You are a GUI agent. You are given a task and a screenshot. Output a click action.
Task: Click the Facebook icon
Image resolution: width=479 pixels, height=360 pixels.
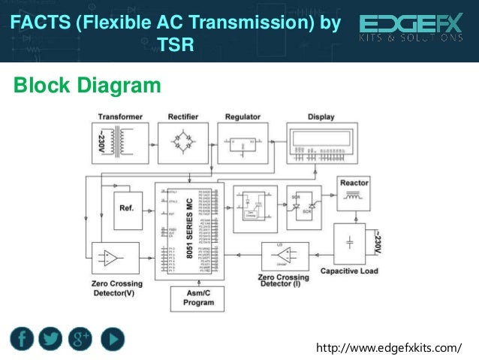tap(23, 338)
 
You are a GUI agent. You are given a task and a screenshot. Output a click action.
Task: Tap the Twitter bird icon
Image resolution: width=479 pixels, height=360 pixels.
tap(51, 338)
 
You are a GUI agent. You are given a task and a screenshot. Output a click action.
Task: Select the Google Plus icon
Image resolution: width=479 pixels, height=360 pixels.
tap(80, 338)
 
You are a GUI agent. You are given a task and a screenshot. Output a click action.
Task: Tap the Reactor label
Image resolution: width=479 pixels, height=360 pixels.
tap(354, 183)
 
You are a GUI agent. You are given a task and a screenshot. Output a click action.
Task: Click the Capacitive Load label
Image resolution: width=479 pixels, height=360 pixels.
tap(349, 271)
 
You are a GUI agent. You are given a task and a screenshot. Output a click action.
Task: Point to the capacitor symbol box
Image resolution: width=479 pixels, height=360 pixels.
tap(349, 243)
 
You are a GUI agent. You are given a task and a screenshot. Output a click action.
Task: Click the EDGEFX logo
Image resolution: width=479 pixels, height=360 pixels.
tap(411, 29)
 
